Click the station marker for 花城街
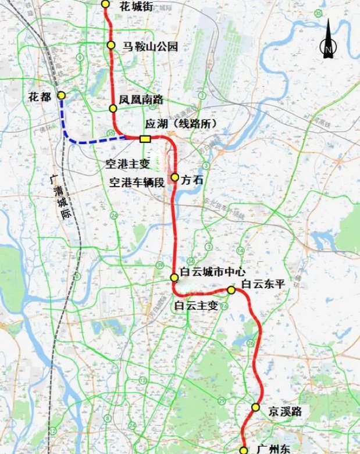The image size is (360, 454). coord(105,4)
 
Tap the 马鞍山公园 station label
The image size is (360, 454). coord(149,47)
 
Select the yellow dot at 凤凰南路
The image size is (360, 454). coord(113,108)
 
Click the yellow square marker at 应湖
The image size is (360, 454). coord(145,138)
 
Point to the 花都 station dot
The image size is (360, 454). coord(61,95)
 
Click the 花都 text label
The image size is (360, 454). coord(40,97)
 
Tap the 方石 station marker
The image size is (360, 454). coord(174,177)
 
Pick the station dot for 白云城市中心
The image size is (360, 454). coord(174,277)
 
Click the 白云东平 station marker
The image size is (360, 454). coord(231,290)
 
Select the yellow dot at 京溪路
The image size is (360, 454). coord(255,407)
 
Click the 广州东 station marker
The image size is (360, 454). coord(244,450)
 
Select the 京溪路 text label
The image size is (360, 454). coord(285,412)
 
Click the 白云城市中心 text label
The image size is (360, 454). coord(212,271)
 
